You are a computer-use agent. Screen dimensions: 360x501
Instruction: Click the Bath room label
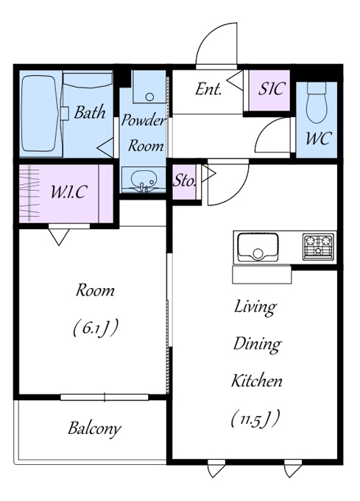pyautogui.click(x=90, y=113)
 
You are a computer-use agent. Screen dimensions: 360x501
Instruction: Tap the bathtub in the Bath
pyautogui.click(x=40, y=113)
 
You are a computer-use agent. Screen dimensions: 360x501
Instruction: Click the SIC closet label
pyautogui.click(x=271, y=89)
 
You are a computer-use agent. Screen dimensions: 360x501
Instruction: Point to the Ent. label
pyautogui.click(x=208, y=89)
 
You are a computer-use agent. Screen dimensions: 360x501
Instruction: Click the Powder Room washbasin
pyautogui.click(x=144, y=181)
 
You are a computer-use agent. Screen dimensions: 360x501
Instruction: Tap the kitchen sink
pyautogui.click(x=258, y=248)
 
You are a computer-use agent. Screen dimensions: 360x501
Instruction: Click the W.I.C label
pyautogui.click(x=69, y=192)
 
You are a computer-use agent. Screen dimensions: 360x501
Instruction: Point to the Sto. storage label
pyautogui.click(x=184, y=181)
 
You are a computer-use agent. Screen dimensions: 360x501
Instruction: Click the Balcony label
pyautogui.click(x=94, y=429)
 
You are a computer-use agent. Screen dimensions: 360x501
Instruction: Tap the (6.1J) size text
pyautogui.click(x=95, y=328)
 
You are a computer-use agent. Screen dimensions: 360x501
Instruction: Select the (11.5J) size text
pyautogui.click(x=255, y=418)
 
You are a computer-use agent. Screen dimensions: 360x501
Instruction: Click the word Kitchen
pyautogui.click(x=257, y=381)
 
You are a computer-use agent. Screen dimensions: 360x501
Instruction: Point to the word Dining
pyautogui.click(x=257, y=345)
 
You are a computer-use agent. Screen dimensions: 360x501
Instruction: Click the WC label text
pyautogui.click(x=318, y=139)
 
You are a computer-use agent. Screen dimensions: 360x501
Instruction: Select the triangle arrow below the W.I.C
pyautogui.click(x=59, y=237)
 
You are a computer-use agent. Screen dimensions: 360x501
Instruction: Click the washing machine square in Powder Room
pyautogui.click(x=149, y=86)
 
